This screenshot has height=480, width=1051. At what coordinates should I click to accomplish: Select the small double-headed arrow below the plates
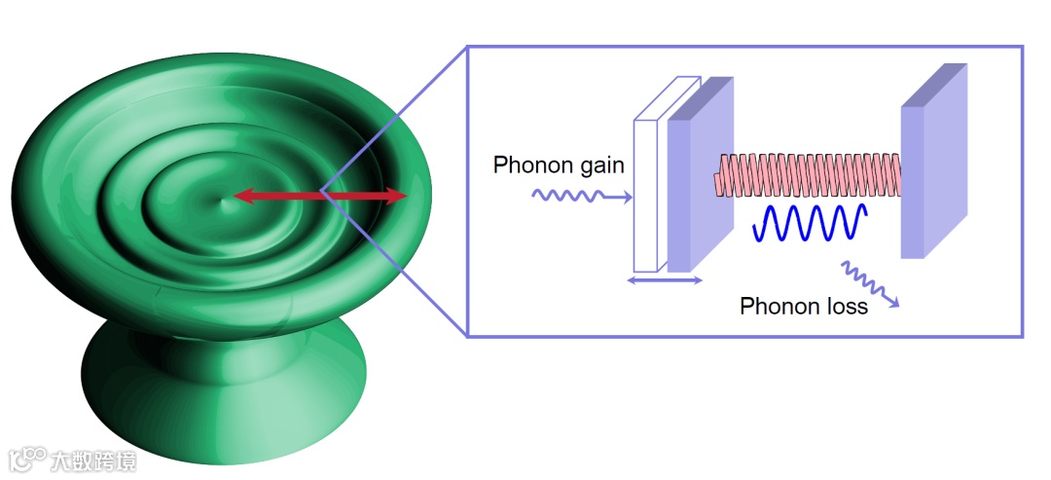664,280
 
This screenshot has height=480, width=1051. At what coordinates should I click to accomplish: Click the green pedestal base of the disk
224,399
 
